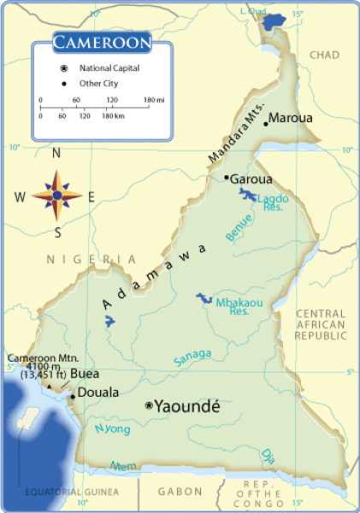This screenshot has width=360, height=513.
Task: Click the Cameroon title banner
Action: (x=102, y=42)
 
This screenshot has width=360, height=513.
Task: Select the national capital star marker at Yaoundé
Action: (x=149, y=405)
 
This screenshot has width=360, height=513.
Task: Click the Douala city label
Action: (x=98, y=394)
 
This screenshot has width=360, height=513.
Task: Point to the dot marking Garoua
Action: (x=226, y=178)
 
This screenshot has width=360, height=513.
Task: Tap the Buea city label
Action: (x=84, y=374)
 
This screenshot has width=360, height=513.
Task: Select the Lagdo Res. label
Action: (x=274, y=203)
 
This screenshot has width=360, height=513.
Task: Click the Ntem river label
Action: (x=123, y=466)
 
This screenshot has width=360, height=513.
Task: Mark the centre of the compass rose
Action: (x=57, y=195)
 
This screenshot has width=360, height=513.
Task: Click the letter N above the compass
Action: (x=56, y=154)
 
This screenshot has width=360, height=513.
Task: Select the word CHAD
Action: (x=324, y=56)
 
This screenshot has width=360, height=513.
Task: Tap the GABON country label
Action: (x=180, y=492)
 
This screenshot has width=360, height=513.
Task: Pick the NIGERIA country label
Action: (x=91, y=259)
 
